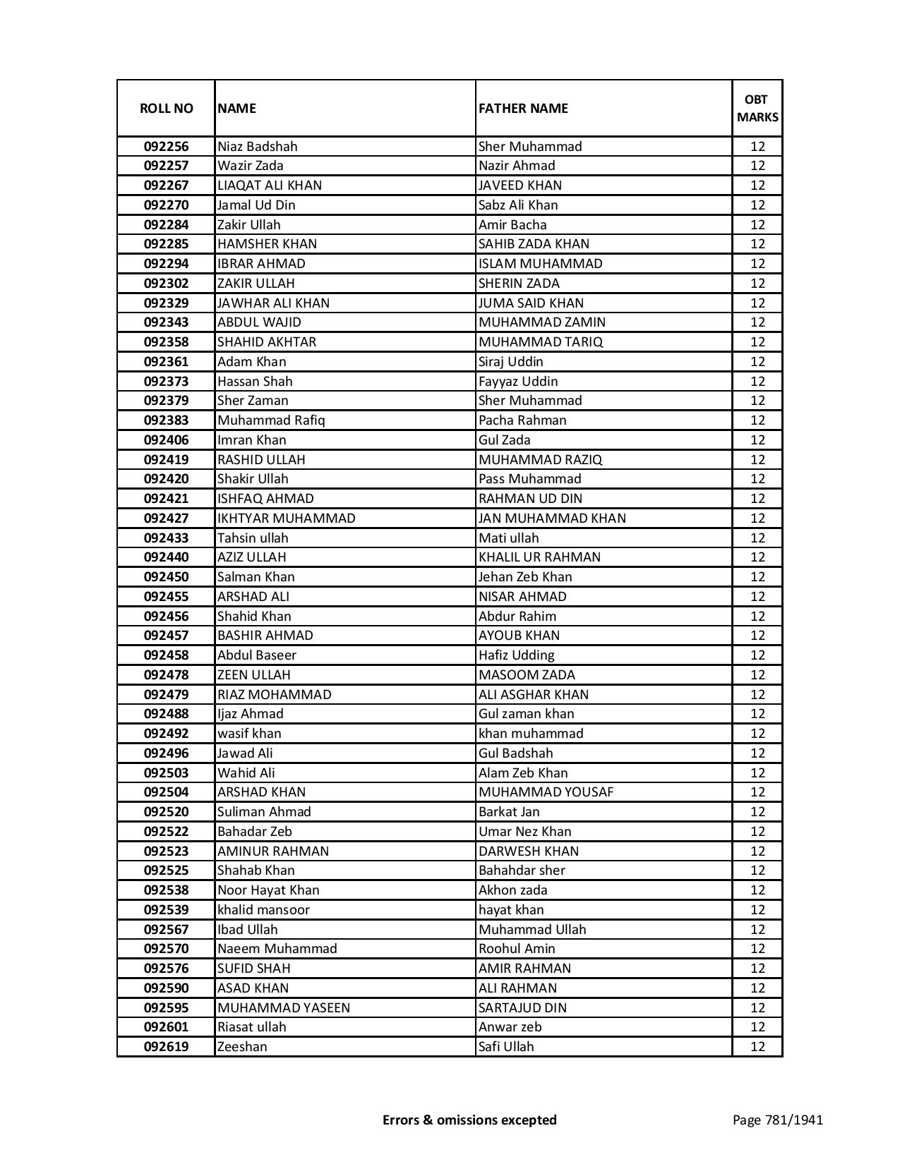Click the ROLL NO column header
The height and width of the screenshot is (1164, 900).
(166, 109)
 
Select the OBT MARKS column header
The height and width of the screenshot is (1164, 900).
(757, 109)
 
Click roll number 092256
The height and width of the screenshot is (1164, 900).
(166, 147)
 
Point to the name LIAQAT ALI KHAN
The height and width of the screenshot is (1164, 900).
(270, 186)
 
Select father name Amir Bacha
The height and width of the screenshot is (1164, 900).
(512, 225)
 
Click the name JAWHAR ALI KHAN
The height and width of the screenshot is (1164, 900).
(273, 303)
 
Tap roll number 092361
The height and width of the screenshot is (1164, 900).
(166, 362)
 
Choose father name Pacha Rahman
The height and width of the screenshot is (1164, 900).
(522, 420)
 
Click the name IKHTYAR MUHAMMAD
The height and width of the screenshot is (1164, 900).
(287, 519)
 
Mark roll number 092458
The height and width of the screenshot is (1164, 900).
(166, 655)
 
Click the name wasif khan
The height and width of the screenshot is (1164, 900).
(249, 734)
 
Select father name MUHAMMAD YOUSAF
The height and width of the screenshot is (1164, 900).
(546, 792)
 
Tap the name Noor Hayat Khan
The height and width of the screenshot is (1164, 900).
(268, 890)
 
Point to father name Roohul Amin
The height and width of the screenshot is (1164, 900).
(517, 949)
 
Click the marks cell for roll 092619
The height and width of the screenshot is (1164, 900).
(757, 1047)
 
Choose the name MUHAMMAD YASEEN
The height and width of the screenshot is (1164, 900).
(284, 1008)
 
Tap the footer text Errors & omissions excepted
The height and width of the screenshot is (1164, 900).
(469, 1120)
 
